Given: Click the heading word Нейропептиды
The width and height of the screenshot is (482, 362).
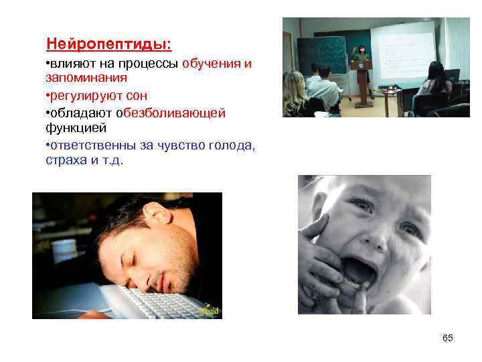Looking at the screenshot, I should click(x=108, y=44).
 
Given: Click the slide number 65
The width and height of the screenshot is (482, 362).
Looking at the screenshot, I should click(x=448, y=338).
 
